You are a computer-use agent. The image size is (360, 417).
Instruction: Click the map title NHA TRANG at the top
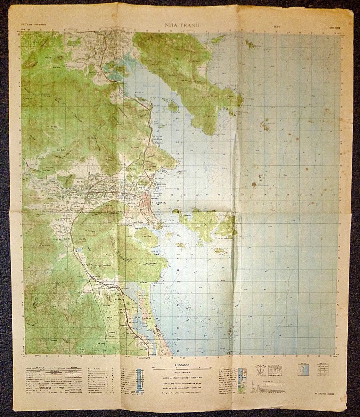(179, 25)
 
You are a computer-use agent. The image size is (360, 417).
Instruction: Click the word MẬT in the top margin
(277, 26)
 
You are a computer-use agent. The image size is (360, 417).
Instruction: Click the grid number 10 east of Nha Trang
(184, 195)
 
